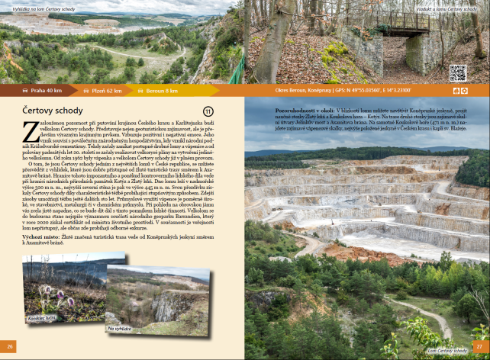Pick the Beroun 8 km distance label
pos(160,91)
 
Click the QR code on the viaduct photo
pos(457,73)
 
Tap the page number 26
pos(10,346)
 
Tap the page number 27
pos(479,346)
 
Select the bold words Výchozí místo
pos(36,237)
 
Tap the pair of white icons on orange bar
pos(459,91)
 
